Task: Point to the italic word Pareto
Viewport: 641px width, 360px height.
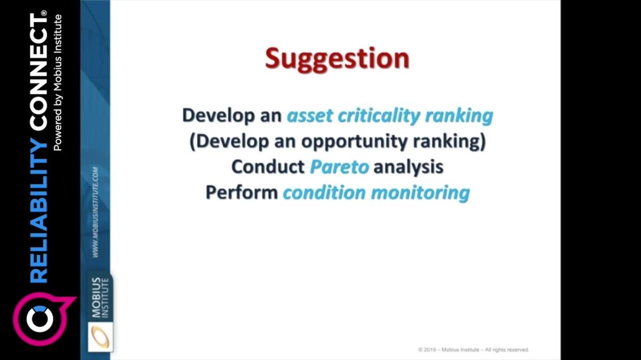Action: (x=339, y=167)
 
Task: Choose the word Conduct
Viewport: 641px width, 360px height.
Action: (x=268, y=167)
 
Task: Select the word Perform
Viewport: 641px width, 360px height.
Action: (x=242, y=192)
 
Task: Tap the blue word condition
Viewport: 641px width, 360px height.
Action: (x=324, y=192)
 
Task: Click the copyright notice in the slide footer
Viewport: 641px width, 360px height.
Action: (x=474, y=350)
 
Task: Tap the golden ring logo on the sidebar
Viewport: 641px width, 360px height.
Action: (x=100, y=337)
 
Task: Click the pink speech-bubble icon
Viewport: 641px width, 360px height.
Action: (x=43, y=319)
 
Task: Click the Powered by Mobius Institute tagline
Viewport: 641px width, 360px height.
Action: (x=58, y=83)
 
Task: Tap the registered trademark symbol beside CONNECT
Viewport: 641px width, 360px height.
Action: (x=43, y=13)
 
